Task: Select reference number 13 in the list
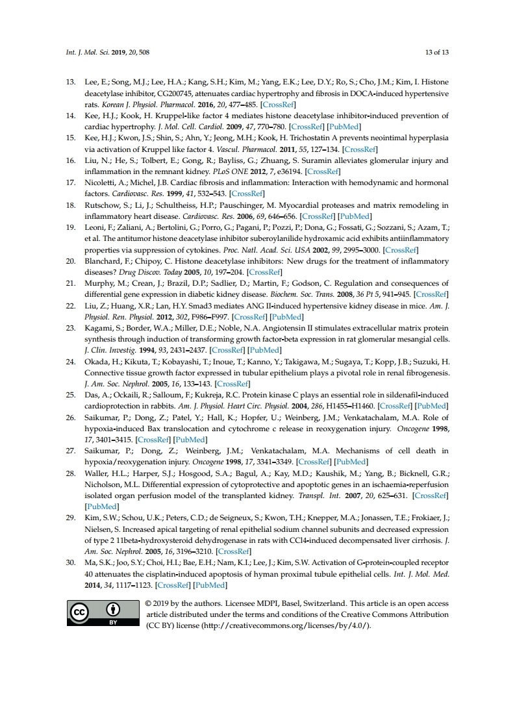[71, 82]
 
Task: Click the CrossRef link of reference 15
[361, 149]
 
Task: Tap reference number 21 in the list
[71, 283]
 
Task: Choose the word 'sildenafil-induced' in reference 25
[416, 395]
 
